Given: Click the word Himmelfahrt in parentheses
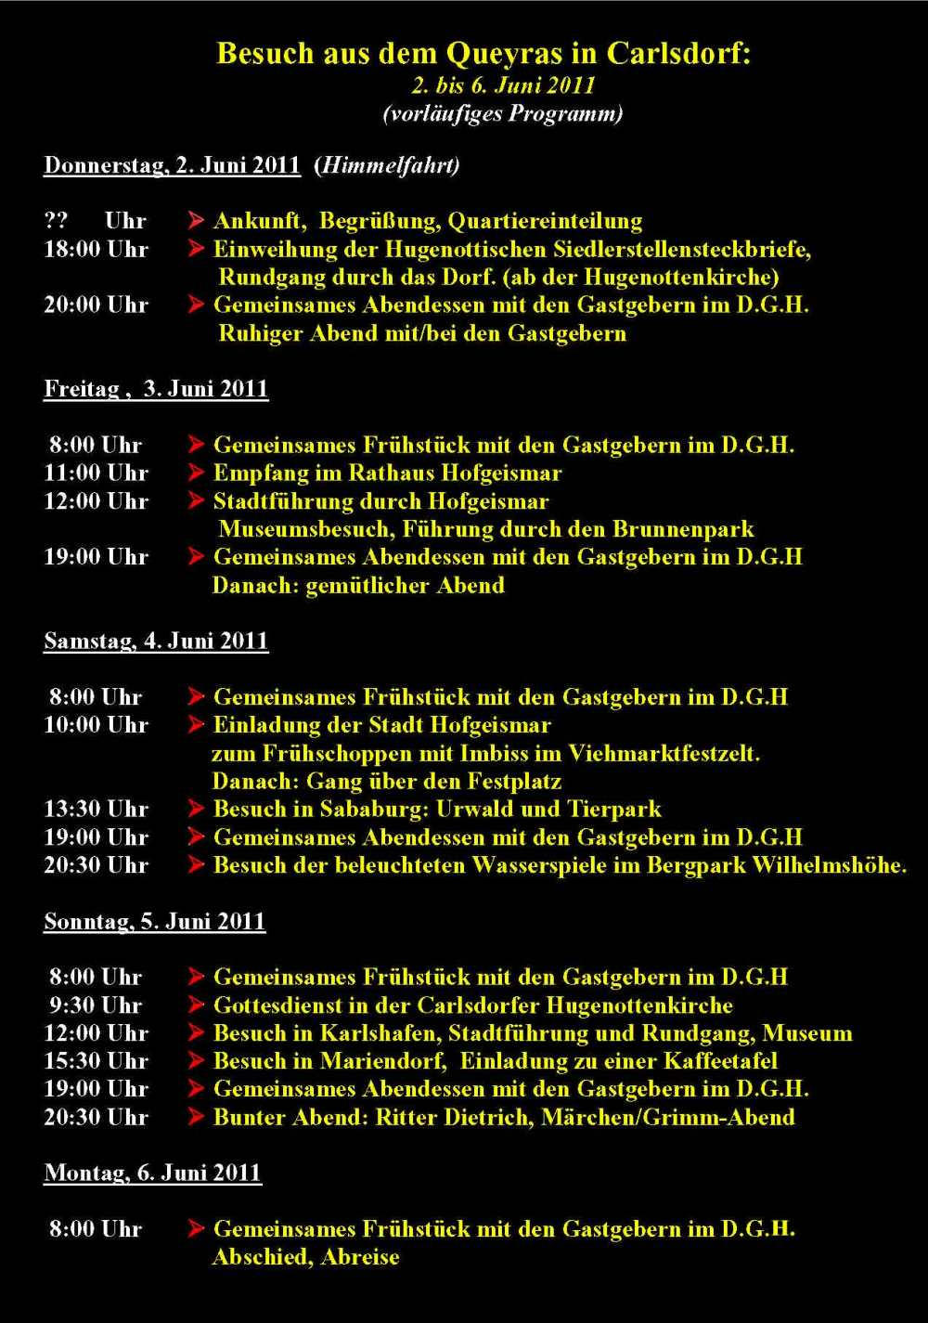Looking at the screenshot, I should click(x=387, y=166).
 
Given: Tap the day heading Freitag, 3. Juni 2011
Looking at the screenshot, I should click(x=156, y=389).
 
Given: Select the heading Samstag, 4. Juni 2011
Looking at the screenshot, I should click(x=156, y=642).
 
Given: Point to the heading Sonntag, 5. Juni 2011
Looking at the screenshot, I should click(x=155, y=922).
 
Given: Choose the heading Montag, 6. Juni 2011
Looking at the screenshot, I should click(x=152, y=1174).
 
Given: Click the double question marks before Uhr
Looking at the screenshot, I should click(x=56, y=221).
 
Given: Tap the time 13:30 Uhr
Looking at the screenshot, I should click(x=96, y=810).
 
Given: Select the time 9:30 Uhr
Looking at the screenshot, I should click(x=96, y=1005).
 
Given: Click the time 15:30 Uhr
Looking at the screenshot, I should click(x=96, y=1061).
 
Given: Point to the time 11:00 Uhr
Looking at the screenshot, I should click(x=96, y=473).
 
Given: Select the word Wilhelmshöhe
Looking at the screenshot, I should click(x=828, y=866).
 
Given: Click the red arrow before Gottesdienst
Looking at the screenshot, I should click(x=196, y=1005).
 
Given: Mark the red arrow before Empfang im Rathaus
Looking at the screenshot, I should click(x=196, y=473).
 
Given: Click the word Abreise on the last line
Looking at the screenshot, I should click(x=360, y=1258).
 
